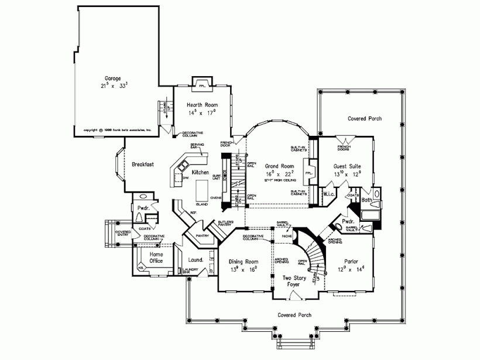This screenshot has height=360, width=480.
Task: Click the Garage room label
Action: click(113, 78)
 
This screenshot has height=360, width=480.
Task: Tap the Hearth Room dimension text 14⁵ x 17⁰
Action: click(202, 112)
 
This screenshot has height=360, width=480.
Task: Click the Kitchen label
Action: click(201, 173)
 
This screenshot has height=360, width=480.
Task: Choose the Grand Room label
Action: click(279, 166)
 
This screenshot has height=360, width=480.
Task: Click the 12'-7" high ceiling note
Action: click(279, 180)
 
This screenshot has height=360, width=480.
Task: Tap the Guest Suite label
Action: click(347, 166)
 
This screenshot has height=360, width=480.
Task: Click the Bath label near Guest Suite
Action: click(366, 200)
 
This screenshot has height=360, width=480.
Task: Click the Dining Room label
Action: click(243, 262)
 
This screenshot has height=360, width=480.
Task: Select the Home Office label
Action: click(156, 257)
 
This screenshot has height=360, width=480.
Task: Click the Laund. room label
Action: click(196, 259)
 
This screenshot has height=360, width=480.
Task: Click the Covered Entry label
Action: click(122, 234)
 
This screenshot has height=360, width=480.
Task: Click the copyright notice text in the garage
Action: click(118, 130)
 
